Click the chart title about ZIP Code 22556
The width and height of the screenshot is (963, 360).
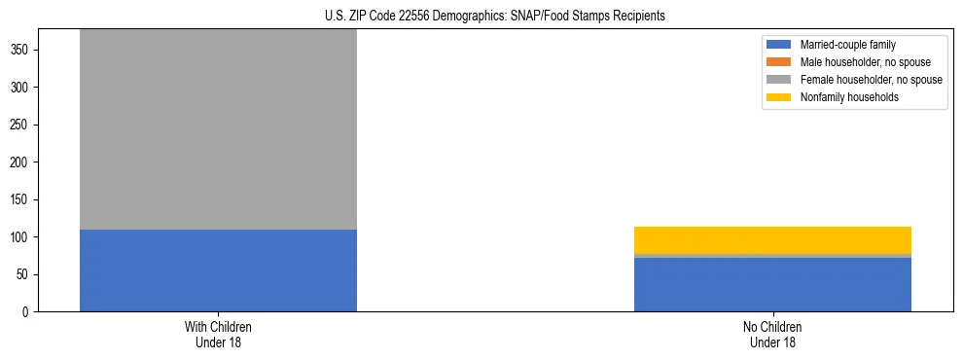coord(481,16)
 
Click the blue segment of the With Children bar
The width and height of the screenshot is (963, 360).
coord(218,270)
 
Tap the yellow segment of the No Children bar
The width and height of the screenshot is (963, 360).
coord(772,239)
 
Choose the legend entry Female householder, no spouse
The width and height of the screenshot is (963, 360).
coord(871,80)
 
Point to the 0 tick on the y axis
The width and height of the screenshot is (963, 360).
coord(28,312)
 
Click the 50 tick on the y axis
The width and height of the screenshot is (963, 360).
coord(25,274)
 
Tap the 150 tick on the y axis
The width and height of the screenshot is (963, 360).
coord(22,199)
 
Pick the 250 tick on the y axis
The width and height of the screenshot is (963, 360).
coord(22,125)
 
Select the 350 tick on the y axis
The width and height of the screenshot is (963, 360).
coord(22,50)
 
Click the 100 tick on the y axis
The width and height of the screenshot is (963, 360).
coord(22,237)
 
